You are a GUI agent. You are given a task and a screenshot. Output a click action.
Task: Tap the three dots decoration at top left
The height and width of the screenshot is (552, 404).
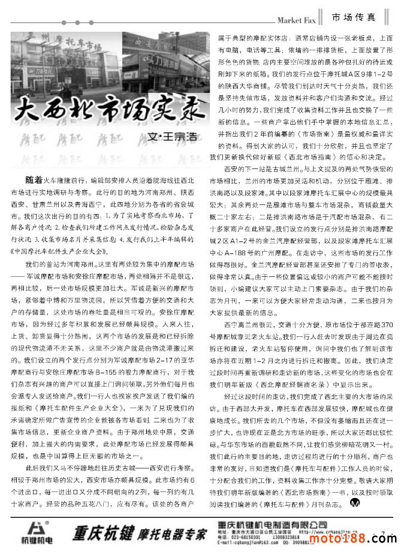click(18, 24)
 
